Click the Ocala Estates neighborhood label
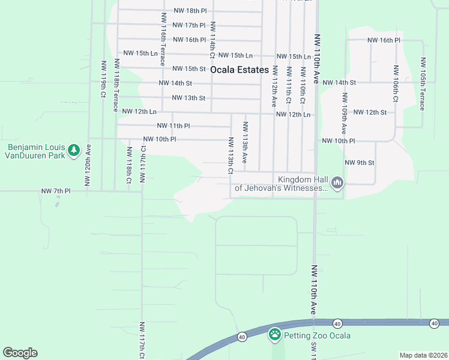click(x=240, y=70)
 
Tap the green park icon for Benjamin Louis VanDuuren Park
click(x=73, y=149)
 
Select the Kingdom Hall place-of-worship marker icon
click(x=337, y=182)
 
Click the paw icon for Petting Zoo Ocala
click(x=275, y=335)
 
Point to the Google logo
click(x=20, y=353)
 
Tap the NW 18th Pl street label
click(x=190, y=11)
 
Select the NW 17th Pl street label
click(x=188, y=25)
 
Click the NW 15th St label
click(x=190, y=69)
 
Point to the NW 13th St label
click(x=188, y=98)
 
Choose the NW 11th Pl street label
click(x=173, y=126)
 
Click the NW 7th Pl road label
click(x=56, y=191)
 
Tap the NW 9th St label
click(x=360, y=163)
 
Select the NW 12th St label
click(x=370, y=112)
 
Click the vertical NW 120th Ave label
click(x=88, y=165)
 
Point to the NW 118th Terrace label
click(x=116, y=85)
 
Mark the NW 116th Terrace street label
click(x=163, y=36)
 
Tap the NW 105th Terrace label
click(x=423, y=84)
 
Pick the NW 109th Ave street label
click(x=345, y=114)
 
